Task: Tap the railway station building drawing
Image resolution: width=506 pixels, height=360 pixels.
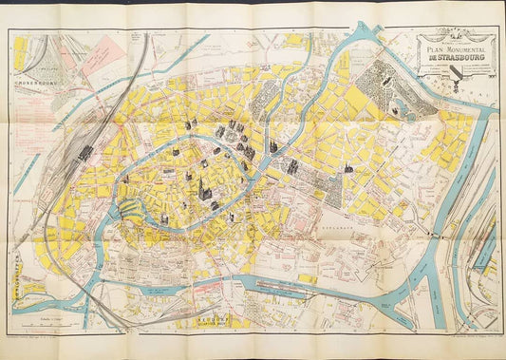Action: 85,152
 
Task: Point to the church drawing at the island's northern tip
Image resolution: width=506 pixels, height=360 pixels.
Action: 190,123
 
